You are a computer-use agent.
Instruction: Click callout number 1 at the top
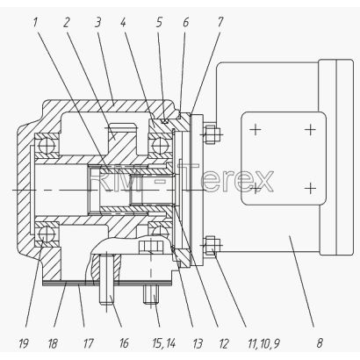35,22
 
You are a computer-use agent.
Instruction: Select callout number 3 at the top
97,22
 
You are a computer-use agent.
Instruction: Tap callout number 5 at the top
159,22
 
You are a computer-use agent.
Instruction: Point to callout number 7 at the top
220,22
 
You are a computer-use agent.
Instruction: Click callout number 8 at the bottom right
320,342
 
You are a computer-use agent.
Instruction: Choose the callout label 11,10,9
263,342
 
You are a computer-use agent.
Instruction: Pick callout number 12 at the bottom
223,342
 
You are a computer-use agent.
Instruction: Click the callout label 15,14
163,342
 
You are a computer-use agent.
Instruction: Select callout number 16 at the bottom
124,342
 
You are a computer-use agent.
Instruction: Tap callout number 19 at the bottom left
24,342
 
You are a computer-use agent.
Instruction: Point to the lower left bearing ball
47,234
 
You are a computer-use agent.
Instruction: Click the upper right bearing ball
160,144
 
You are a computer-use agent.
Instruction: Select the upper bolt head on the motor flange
211,134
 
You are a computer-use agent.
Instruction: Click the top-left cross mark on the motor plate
256,129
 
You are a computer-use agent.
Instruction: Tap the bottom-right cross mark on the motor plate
310,188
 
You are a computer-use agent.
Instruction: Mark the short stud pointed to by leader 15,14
151,295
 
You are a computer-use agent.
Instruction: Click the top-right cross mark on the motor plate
310,129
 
